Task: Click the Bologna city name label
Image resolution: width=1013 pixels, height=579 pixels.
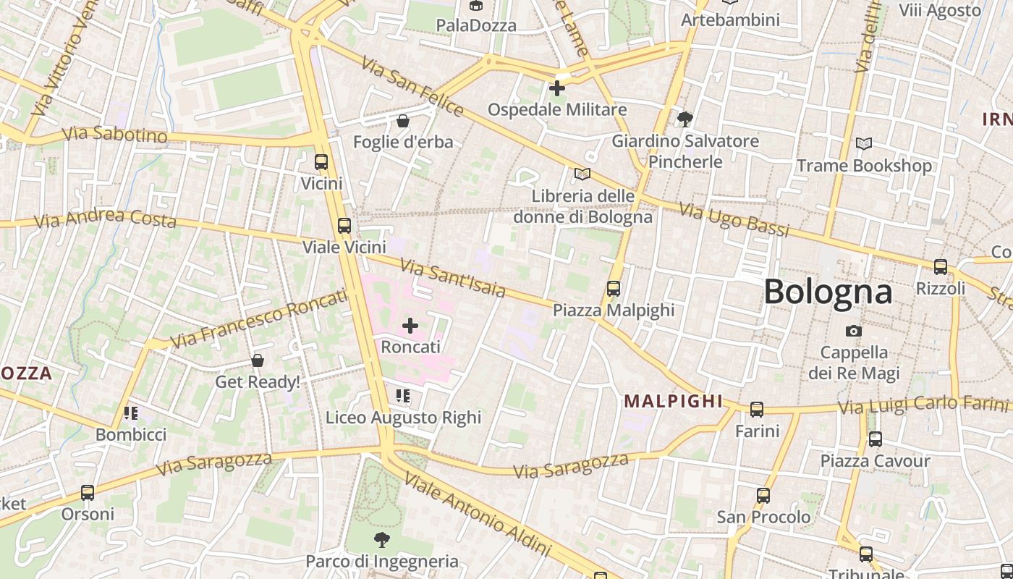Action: click(828, 292)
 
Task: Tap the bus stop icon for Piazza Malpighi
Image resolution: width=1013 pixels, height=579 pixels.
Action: click(614, 289)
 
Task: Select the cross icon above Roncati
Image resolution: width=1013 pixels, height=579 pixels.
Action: click(410, 326)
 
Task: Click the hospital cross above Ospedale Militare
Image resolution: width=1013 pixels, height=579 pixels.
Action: click(556, 89)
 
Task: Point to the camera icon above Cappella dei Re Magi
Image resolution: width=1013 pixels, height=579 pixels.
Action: click(854, 331)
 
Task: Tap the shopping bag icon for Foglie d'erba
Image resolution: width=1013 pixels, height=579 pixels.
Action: click(403, 121)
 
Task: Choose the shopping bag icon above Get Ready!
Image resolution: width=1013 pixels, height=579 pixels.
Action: click(257, 360)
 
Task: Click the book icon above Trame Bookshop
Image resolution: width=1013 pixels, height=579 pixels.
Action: click(863, 144)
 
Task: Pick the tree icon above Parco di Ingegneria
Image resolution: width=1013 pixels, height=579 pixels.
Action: click(381, 539)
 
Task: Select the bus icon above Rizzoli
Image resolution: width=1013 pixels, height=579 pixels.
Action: click(941, 267)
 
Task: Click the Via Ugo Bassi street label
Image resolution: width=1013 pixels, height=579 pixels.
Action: click(734, 220)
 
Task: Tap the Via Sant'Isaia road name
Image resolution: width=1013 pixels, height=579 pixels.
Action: click(453, 279)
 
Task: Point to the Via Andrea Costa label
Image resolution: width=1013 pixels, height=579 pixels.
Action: click(105, 219)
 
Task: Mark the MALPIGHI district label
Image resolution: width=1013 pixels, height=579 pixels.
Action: click(673, 401)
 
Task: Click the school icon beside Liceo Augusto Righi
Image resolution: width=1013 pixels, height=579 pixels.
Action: click(403, 396)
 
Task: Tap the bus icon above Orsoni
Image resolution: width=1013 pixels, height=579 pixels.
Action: click(88, 493)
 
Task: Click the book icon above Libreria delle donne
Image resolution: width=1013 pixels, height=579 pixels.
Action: click(582, 174)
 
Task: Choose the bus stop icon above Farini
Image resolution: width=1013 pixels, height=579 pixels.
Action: click(757, 410)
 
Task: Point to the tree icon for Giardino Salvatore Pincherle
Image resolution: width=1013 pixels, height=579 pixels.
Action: click(684, 119)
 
